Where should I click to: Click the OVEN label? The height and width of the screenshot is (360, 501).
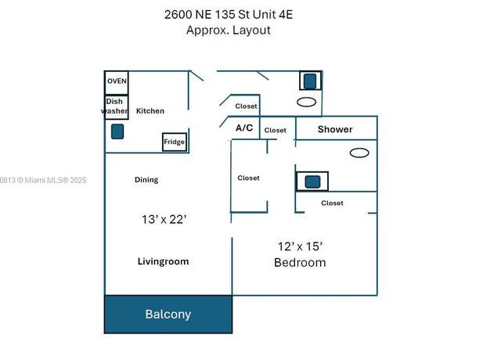[117, 81]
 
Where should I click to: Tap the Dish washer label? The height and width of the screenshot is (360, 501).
[115, 106]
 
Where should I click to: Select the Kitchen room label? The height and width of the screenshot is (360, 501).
[150, 111]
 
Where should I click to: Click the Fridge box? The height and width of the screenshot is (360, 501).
[174, 142]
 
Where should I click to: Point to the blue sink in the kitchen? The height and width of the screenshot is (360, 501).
[117, 131]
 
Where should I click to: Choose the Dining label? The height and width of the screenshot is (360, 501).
[146, 180]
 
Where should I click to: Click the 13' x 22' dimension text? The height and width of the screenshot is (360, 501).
[164, 219]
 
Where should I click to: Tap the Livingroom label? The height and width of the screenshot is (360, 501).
[164, 261]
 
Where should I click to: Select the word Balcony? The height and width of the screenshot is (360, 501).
[168, 315]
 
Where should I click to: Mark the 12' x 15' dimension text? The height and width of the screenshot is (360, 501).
[300, 247]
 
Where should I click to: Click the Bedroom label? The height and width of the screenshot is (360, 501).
[300, 263]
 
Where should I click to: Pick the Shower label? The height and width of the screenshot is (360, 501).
[335, 129]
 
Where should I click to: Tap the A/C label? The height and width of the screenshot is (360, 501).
[244, 128]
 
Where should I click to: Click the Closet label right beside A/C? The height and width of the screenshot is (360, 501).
[275, 131]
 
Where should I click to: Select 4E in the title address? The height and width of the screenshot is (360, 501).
[286, 15]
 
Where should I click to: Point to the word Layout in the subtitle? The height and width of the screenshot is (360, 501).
[252, 31]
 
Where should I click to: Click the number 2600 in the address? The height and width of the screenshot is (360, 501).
[178, 15]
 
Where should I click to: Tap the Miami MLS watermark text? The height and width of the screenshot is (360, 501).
[43, 180]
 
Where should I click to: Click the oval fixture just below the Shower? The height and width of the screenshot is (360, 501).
[359, 153]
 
